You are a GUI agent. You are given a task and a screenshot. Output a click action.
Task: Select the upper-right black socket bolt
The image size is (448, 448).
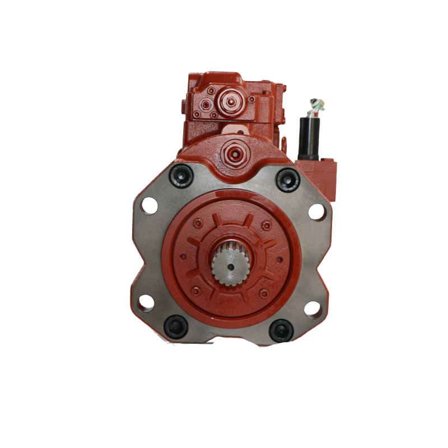[287, 179]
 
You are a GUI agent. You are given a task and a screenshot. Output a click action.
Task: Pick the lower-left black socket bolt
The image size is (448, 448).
[175, 326]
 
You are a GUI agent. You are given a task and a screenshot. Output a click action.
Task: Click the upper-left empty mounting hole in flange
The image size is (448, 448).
[150, 207]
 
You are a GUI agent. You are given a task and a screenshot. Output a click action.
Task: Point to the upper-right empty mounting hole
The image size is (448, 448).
[316, 212]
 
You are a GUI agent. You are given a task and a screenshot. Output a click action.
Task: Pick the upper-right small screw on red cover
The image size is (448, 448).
[267, 225]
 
